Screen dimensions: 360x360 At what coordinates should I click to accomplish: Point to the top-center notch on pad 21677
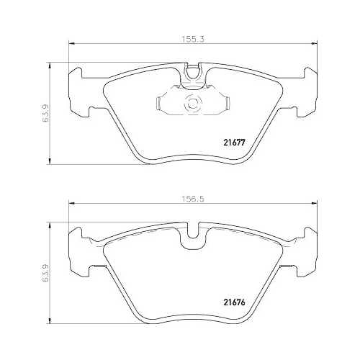point(192,72)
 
